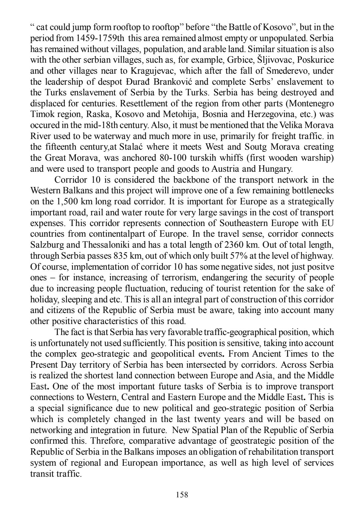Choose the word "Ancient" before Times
(x=276, y=354)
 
